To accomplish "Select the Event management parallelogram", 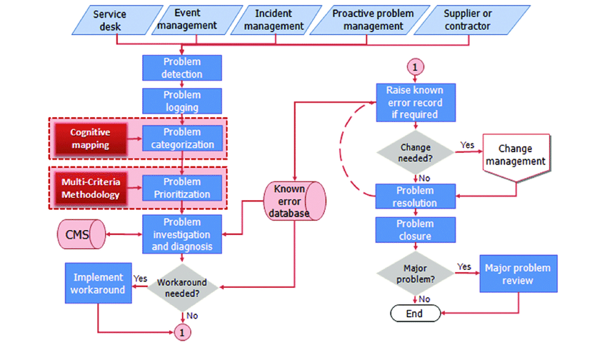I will click(187, 19).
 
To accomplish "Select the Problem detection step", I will click(182, 68).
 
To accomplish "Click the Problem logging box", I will click(182, 101).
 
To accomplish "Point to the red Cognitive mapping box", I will click(89, 138).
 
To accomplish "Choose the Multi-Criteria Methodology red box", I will click(89, 188).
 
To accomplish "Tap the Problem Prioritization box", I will click(182, 188).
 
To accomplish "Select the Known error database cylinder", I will click(294, 201).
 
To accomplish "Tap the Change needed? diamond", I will click(414, 152).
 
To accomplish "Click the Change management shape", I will click(516, 156).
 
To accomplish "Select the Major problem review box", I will click(518, 274).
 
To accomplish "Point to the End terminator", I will click(414, 314).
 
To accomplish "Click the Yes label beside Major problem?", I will click(463, 266).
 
